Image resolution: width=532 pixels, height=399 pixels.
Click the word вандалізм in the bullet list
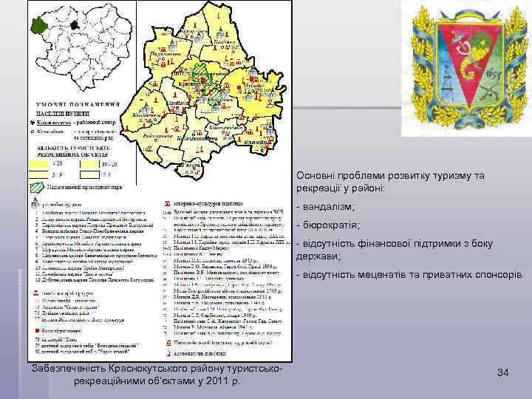(x=328, y=207)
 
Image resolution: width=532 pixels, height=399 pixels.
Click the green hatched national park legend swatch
(x=37, y=188)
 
